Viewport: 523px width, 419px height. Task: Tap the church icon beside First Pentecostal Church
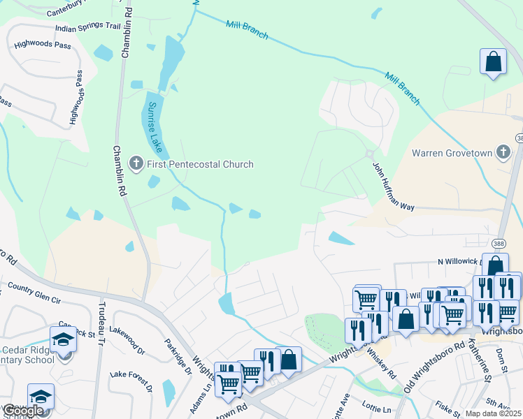pos(136,164)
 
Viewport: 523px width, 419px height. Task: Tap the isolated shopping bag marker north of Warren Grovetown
pos(494,61)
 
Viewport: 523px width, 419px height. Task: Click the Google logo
pos(23,411)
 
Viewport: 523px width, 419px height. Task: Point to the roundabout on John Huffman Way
pos(369,154)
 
